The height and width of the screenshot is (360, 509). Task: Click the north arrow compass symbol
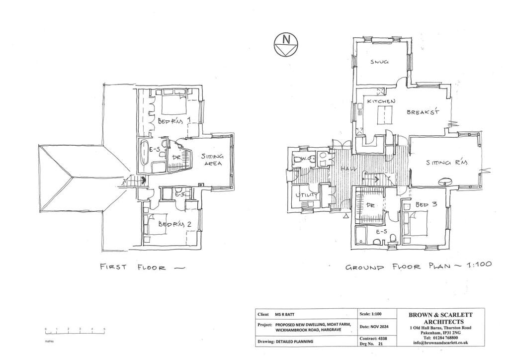pyautogui.click(x=285, y=43)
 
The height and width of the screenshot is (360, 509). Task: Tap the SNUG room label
pyautogui.click(x=379, y=62)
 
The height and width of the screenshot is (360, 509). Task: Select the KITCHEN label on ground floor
pyautogui.click(x=381, y=101)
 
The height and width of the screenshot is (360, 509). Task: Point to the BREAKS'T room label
pyautogui.click(x=424, y=112)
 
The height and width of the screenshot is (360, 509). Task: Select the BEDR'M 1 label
pyautogui.click(x=170, y=121)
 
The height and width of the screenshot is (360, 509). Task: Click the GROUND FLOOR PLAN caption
pyautogui.click(x=418, y=266)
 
